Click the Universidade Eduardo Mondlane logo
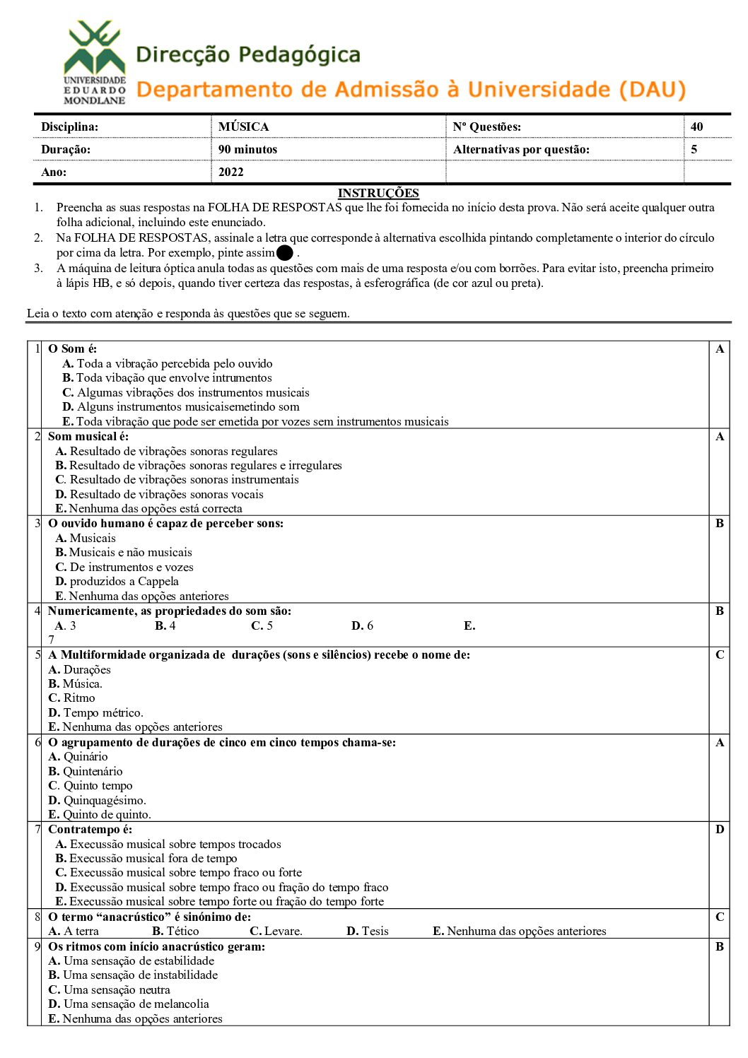tap(94, 63)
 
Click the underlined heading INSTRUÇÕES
tap(378, 193)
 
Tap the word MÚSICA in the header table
tap(243, 127)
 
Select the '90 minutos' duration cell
tap(247, 149)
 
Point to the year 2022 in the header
tap(230, 172)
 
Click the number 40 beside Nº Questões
tap(696, 127)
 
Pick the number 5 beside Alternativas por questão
tap(694, 149)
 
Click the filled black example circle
tap(285, 253)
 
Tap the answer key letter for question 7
tap(719, 829)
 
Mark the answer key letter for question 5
tap(719, 654)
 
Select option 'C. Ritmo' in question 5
tap(71, 698)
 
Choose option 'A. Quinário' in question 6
tap(78, 756)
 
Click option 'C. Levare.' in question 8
tap(276, 931)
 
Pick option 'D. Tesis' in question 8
tap(367, 931)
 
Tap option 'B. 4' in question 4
tap(165, 625)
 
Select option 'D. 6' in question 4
tap(362, 625)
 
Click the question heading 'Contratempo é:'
tap(90, 829)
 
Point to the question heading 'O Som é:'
tap(72, 348)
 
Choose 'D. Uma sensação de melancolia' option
tap(128, 1004)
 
